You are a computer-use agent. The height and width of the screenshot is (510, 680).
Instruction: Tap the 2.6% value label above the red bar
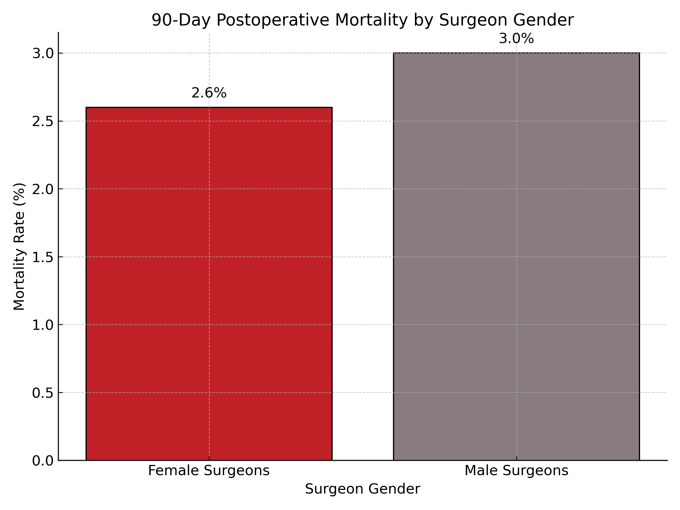pos(209,93)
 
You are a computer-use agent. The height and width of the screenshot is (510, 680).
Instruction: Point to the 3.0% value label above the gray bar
pos(517,39)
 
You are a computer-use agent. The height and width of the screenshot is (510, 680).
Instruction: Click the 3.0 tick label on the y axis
pos(43,54)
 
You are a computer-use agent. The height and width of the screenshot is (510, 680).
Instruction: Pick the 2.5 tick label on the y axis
pos(43,122)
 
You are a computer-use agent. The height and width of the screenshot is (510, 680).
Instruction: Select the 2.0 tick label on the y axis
pos(43,189)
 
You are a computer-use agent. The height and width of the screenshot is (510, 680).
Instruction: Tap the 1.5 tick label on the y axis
pos(43,257)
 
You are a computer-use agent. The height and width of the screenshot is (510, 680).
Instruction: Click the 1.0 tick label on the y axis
pos(43,325)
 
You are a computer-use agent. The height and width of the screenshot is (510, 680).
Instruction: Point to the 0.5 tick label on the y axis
pos(43,393)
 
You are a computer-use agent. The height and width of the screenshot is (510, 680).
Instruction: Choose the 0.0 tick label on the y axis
pos(43,460)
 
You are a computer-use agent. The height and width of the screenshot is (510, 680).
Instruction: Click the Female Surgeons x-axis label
pos(209,471)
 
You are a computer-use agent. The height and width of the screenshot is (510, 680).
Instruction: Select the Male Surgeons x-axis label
pos(517,471)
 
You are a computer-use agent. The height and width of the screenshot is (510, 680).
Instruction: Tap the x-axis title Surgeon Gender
pos(362,489)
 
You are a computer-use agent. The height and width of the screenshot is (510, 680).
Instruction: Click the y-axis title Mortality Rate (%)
pos(19,246)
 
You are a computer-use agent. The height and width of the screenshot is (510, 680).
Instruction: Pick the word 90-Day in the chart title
pos(181,20)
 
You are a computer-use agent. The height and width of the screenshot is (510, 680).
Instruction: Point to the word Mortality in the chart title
pos(372,20)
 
